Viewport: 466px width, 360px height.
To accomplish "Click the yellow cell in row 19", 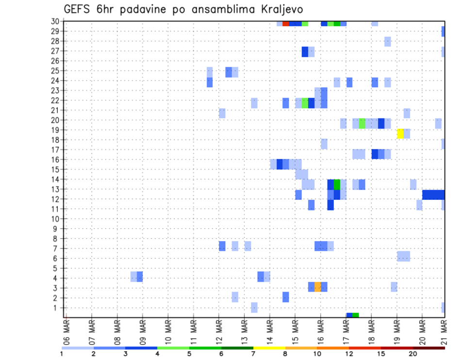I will pyautogui.click(x=400, y=133).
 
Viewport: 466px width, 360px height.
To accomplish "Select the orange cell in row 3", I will pyautogui.click(x=317, y=287).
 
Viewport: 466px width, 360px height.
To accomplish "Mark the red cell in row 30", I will pyautogui.click(x=286, y=23).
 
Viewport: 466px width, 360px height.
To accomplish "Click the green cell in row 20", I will pyautogui.click(x=362, y=123).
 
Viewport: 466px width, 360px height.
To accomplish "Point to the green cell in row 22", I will pyautogui.click(x=305, y=103).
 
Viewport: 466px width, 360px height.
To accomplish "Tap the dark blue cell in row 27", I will pyautogui.click(x=305, y=51).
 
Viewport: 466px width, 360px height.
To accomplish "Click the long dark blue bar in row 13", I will pyautogui.click(x=433, y=195).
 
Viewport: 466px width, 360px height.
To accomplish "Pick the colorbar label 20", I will pyautogui.click(x=413, y=353).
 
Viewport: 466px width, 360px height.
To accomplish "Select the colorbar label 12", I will pyautogui.click(x=349, y=353).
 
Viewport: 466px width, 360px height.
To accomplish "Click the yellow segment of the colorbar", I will pyautogui.click(x=269, y=348).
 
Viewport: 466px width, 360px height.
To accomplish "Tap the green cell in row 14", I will pyautogui.click(x=337, y=184).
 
